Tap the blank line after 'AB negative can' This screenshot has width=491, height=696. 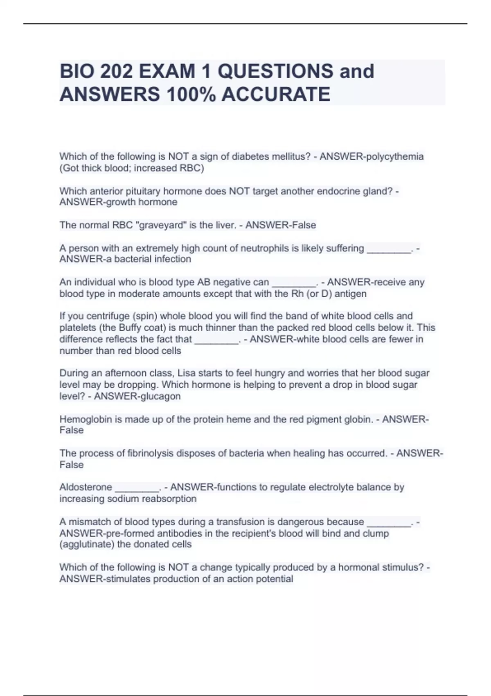[x=294, y=283]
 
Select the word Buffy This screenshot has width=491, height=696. [x=131, y=328]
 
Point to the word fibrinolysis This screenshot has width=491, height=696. [x=150, y=454]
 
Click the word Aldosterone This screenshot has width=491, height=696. [x=86, y=487]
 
